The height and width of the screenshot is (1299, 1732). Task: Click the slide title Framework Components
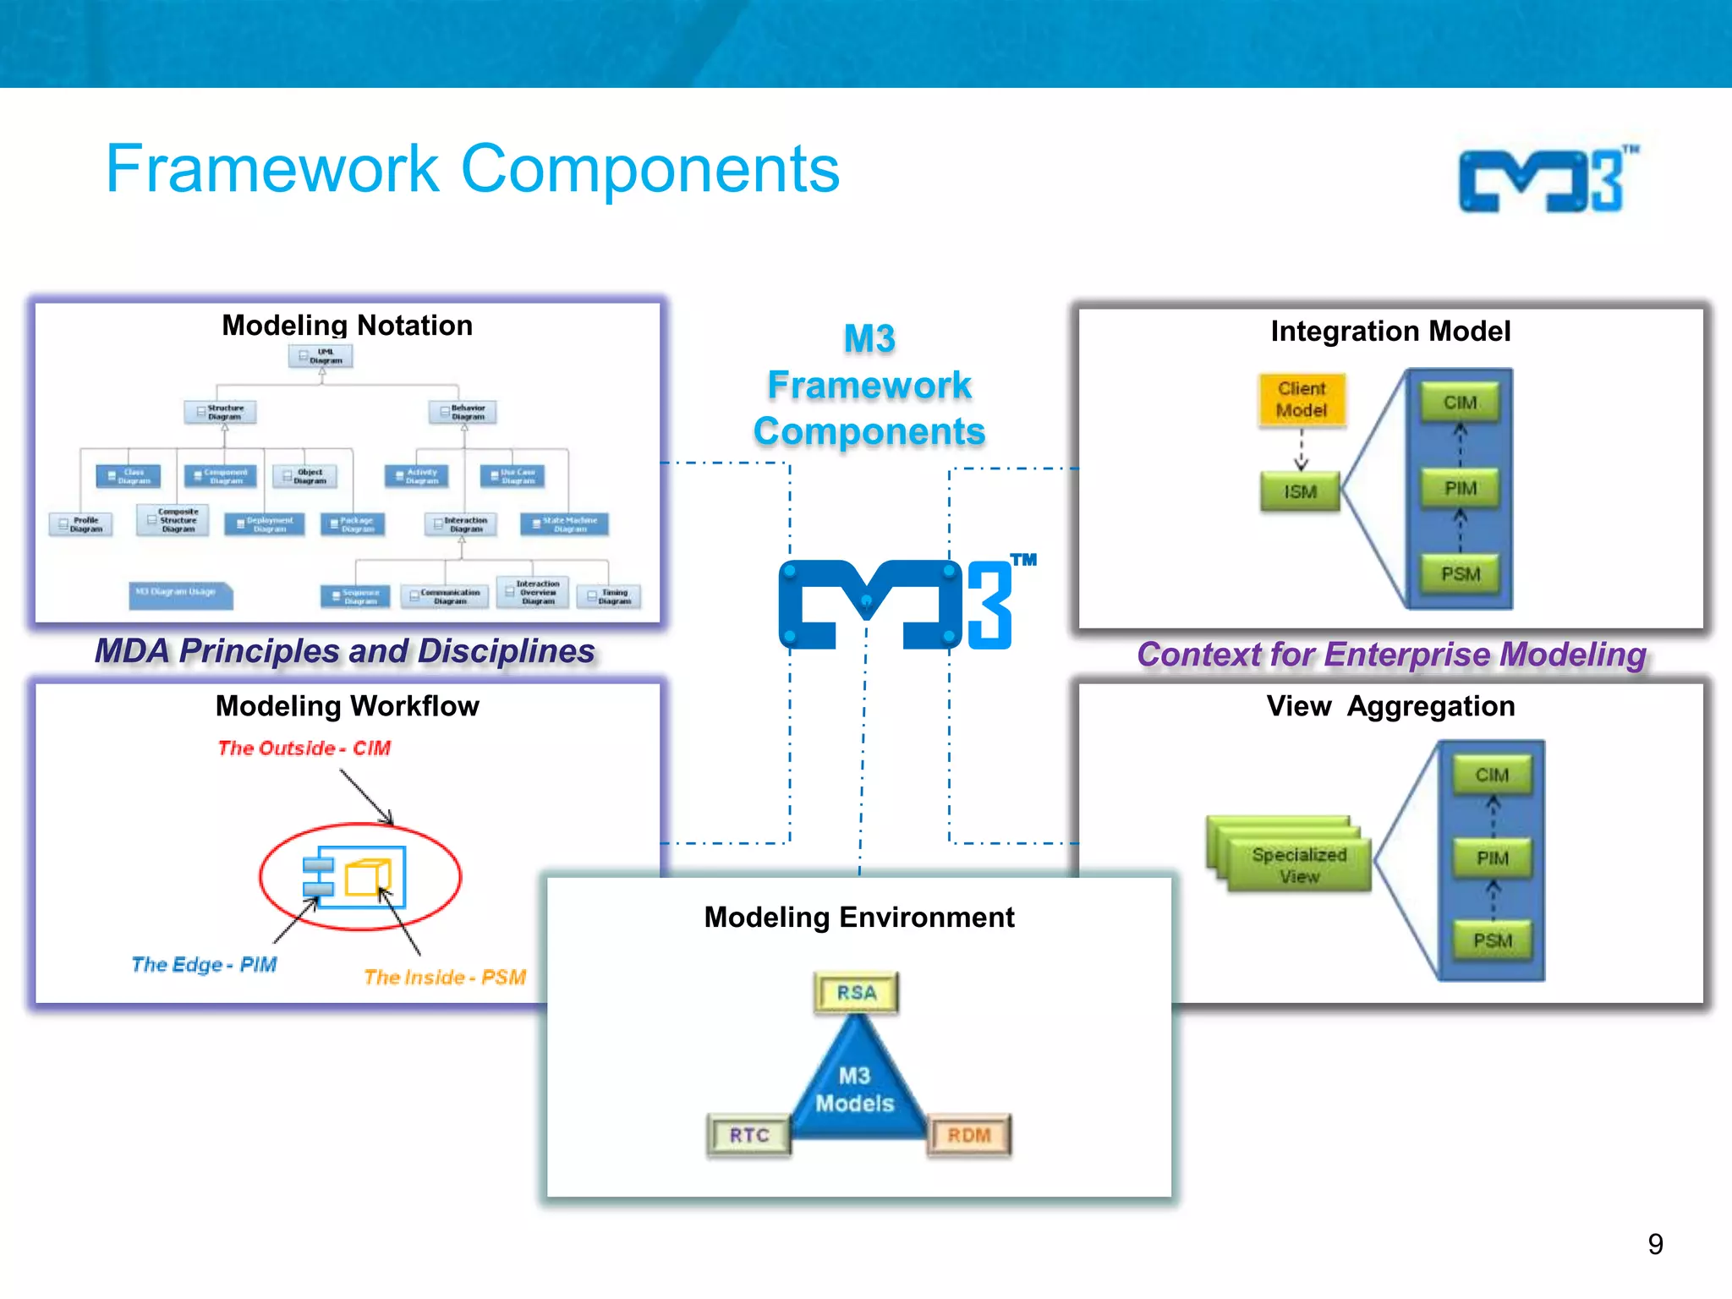472,168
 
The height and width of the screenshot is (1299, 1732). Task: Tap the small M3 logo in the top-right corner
1548,179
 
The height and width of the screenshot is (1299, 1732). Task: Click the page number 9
1655,1244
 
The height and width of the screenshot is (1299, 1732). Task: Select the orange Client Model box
1302,400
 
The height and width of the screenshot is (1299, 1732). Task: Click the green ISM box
1300,491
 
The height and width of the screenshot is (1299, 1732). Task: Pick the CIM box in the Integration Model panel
1460,403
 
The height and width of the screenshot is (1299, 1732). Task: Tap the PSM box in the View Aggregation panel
1492,940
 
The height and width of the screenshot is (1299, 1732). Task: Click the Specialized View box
1298,865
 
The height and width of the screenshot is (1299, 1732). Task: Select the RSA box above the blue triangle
856,993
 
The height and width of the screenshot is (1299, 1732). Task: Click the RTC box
749,1135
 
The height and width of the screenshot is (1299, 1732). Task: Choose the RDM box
968,1135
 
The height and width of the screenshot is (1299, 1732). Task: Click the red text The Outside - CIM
304,748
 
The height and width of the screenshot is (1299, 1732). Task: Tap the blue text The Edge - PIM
204,964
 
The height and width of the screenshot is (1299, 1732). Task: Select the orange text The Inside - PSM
445,978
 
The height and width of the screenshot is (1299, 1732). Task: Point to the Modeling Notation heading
347,326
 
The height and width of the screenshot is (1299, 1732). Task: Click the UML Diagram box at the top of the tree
321,356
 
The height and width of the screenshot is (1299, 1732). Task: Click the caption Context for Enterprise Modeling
1391,655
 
